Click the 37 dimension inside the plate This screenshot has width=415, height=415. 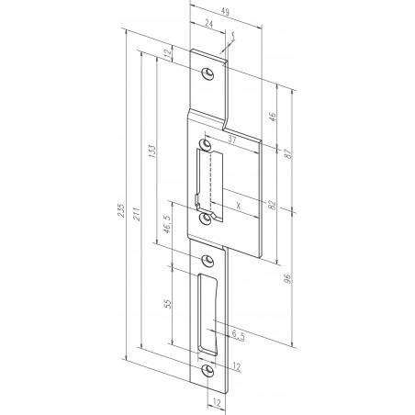[232, 140]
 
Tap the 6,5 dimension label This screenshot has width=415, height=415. [238, 335]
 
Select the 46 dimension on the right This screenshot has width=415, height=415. [272, 118]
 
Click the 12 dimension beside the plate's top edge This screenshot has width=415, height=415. [169, 55]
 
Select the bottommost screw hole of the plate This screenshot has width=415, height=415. [208, 370]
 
